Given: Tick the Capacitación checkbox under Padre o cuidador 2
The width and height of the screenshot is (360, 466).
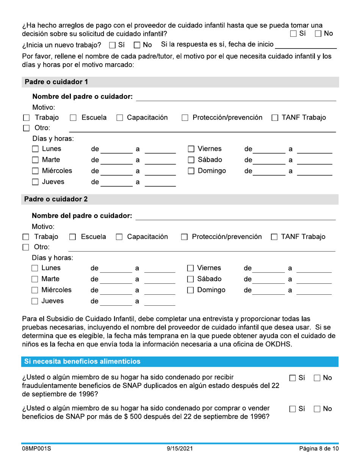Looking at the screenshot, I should (x=119, y=238).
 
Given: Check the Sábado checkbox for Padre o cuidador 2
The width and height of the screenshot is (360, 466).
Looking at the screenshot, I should (x=191, y=280).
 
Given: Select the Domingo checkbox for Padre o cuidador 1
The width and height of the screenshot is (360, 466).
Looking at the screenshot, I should (x=191, y=171).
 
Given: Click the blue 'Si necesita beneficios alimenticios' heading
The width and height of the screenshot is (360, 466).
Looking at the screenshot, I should (x=82, y=361).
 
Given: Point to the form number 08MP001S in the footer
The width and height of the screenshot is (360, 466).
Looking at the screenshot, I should (x=36, y=449).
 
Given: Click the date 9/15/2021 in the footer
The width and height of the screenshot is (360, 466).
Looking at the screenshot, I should (x=180, y=449).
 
